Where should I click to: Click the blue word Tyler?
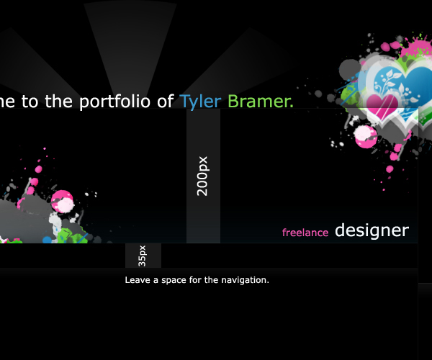tap(200, 102)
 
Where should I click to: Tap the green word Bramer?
tap(261, 102)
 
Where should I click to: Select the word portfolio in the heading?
tap(114, 102)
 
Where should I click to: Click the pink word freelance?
tap(305, 233)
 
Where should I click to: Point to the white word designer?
tap(372, 231)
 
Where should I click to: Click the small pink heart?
tap(382, 105)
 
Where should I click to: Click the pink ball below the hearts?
tap(366, 137)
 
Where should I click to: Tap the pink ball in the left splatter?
tap(63, 201)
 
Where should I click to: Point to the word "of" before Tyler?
tap(166, 102)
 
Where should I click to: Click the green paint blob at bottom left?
tap(72, 236)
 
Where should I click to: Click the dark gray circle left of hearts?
tap(350, 69)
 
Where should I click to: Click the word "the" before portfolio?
tap(59, 101)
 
